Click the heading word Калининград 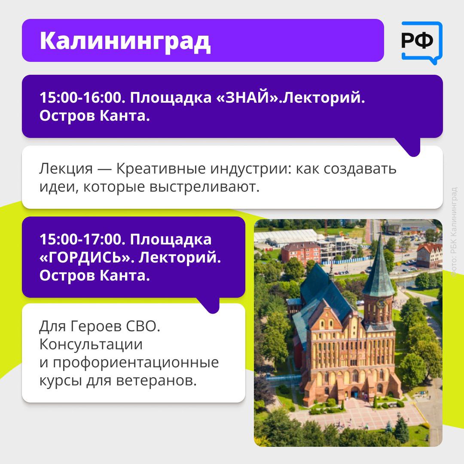coord(125,41)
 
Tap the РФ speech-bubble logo coord(421,43)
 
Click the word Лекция coord(66,169)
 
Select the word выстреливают coord(204,187)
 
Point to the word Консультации coord(91,345)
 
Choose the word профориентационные coord(136,363)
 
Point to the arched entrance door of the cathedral coord(354,393)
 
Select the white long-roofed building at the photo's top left coord(286,237)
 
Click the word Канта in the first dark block coord(125,116)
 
